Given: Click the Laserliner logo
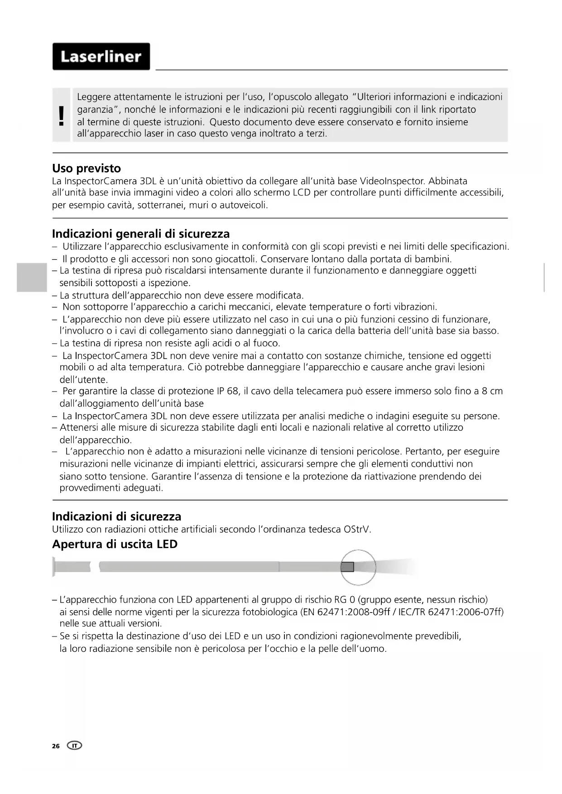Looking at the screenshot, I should [x=101, y=57].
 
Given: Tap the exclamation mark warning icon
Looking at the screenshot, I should [x=62, y=116].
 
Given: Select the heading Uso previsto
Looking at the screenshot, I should [x=86, y=168].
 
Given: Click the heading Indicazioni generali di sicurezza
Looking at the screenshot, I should [x=141, y=234].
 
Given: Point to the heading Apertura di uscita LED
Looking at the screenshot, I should [x=115, y=544].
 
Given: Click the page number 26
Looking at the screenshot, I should [x=56, y=746].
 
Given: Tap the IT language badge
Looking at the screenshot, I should [x=74, y=746].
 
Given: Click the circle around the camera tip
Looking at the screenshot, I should [x=358, y=567].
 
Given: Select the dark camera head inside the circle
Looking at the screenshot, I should [x=347, y=567].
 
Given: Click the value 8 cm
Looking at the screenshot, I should [x=492, y=391].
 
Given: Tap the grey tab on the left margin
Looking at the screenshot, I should [x=32, y=277].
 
